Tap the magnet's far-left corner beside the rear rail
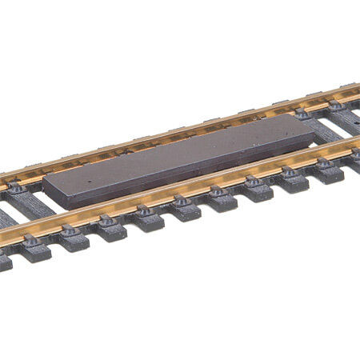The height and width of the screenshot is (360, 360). tap(45, 178)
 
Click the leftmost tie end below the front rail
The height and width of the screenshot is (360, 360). tap(6, 260)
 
